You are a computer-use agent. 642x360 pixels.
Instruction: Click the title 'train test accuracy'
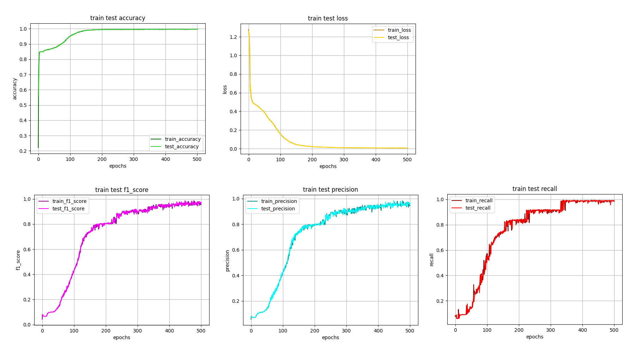(x=117, y=18)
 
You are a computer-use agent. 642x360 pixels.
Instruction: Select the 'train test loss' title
(x=328, y=18)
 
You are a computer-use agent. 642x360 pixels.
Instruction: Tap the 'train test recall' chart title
(x=534, y=189)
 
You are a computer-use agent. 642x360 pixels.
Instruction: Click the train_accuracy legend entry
(x=182, y=139)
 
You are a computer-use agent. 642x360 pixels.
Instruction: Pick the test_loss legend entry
(x=398, y=37)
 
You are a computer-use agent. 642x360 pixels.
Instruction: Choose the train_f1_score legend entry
(x=69, y=201)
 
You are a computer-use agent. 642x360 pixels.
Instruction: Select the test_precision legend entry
(x=278, y=209)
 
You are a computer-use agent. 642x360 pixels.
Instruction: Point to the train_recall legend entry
(x=479, y=200)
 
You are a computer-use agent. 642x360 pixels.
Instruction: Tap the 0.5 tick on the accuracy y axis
(x=23, y=105)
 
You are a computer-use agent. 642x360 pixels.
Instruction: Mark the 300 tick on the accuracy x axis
(x=134, y=159)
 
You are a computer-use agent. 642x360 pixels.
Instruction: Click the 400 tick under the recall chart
(x=582, y=330)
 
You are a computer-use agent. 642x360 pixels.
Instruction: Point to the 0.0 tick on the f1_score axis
(x=27, y=325)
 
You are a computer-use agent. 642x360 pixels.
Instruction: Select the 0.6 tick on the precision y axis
(x=236, y=250)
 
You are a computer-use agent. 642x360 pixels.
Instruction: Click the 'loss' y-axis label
(x=225, y=89)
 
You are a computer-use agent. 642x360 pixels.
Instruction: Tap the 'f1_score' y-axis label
(x=18, y=260)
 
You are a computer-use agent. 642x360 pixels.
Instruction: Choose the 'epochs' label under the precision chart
(x=330, y=337)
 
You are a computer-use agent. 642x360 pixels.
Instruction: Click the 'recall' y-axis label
(x=431, y=259)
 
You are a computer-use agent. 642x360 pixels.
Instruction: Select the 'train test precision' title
(x=330, y=190)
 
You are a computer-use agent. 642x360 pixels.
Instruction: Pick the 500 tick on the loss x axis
(x=407, y=160)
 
